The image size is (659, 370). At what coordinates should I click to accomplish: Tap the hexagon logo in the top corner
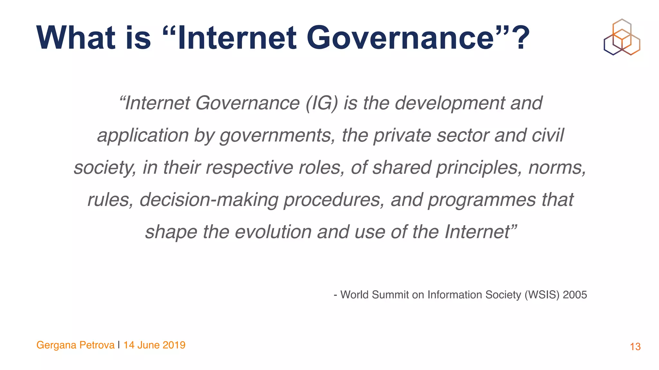pos(622,37)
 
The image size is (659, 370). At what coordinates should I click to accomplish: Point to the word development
pos(450,104)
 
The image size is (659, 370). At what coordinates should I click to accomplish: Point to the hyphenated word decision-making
pos(209,200)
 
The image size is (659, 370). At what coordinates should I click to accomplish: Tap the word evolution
pos(273,232)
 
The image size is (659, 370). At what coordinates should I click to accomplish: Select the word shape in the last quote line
pos(171,232)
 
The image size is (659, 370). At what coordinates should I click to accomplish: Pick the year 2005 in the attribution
pos(575,295)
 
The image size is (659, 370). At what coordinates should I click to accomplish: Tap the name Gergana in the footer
pos(56,345)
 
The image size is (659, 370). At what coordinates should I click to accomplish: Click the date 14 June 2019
pos(154,345)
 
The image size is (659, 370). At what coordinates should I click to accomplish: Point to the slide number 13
pos(635,347)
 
